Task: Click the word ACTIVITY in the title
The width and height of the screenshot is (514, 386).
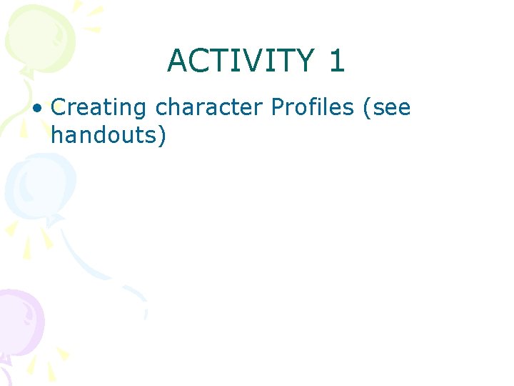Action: click(x=240, y=61)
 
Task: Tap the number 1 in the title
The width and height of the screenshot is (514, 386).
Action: click(x=337, y=61)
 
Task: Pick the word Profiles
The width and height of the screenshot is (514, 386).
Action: click(x=312, y=108)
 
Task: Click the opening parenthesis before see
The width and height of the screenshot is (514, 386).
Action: click(x=366, y=109)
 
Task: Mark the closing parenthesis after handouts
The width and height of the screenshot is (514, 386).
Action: click(x=162, y=134)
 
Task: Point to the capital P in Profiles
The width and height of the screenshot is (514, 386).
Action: click(x=277, y=108)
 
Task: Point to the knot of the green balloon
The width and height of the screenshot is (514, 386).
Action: click(x=27, y=71)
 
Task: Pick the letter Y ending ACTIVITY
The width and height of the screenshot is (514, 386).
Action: click(x=304, y=61)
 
